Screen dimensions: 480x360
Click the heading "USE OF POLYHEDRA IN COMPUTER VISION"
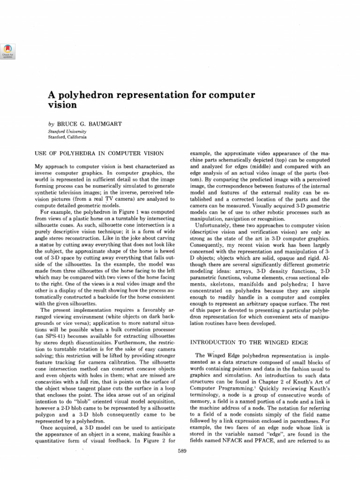tap(99, 153)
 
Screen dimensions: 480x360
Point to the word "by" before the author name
tap(51, 124)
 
